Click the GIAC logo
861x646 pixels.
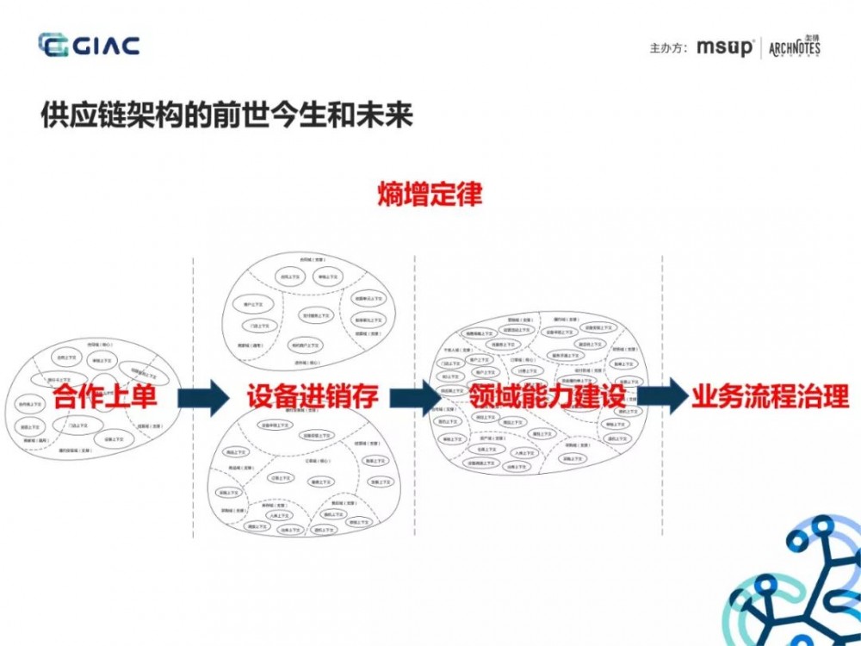coord(89,45)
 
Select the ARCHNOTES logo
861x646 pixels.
coord(794,47)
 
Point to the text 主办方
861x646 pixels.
coord(667,48)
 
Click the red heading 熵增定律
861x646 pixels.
coord(430,194)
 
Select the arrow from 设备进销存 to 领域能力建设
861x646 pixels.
coord(416,397)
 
